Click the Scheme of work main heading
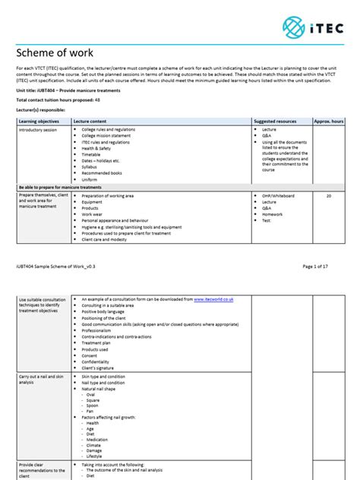(x=54, y=53)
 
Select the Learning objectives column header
(x=39, y=121)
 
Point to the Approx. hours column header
(x=329, y=121)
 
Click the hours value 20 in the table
(x=329, y=196)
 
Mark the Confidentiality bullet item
(x=101, y=361)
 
